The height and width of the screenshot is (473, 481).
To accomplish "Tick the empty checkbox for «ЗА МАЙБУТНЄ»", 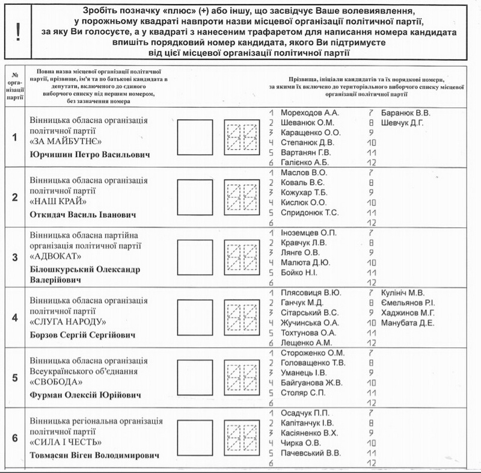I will click(x=195, y=137).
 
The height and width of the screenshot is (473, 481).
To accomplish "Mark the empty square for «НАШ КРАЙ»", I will click(x=195, y=196).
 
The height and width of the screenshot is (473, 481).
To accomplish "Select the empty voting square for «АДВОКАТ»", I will click(x=195, y=257).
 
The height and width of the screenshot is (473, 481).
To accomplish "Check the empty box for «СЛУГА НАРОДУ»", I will click(x=195, y=318).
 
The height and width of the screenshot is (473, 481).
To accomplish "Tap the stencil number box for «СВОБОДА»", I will click(x=241, y=378).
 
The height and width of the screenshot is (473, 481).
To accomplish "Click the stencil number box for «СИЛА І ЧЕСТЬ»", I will click(x=241, y=437).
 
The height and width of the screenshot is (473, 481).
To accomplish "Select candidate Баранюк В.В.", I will click(x=406, y=113).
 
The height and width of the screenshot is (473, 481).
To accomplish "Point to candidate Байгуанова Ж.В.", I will click(x=311, y=383).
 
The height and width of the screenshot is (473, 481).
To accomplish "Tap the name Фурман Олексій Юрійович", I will click(x=85, y=395).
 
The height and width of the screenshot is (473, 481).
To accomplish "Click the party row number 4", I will click(x=14, y=317).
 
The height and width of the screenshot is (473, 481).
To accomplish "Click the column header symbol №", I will click(x=14, y=73).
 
